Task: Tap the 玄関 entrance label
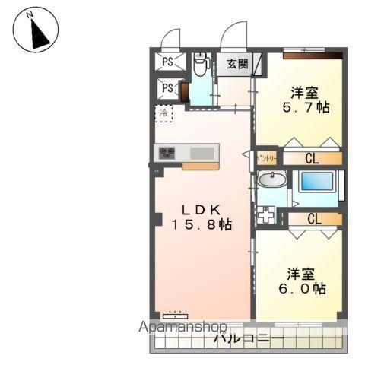point(237,65)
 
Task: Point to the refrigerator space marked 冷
point(163,114)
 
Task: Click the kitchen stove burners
point(167,153)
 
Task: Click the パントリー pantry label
point(266,158)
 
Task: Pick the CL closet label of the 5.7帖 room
point(312,158)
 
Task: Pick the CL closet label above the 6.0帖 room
point(313,218)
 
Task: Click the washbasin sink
point(271,179)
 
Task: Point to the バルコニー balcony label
point(249,338)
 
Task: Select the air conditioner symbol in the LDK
point(176,313)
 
